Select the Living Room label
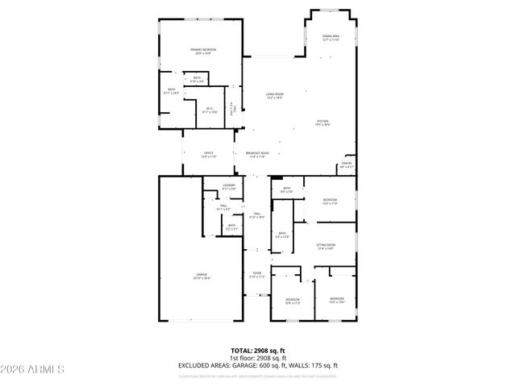tap(275, 95)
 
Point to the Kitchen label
tap(323, 123)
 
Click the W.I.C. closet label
tap(209, 110)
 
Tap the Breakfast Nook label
tap(257, 155)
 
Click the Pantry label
tap(346, 165)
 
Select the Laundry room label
tap(228, 187)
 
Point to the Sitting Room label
tap(326, 246)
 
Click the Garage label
tap(201, 277)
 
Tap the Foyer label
tap(257, 275)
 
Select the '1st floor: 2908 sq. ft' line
tap(258, 359)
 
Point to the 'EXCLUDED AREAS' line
tap(258, 366)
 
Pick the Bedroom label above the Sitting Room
tap(330, 201)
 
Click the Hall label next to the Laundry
tap(223, 207)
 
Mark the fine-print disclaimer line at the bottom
tap(258, 376)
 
